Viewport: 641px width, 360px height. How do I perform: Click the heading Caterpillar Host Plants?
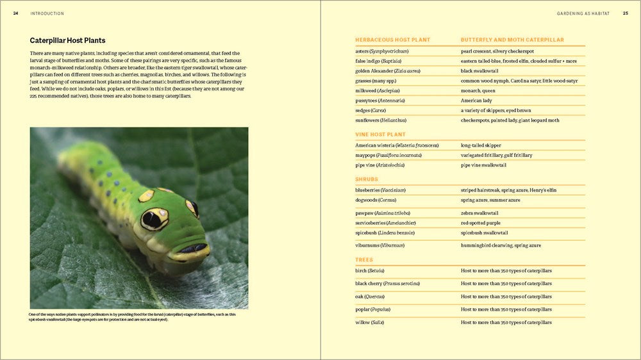pos(67,40)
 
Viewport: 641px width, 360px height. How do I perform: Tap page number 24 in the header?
pos(15,13)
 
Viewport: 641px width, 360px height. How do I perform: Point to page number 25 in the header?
pos(625,13)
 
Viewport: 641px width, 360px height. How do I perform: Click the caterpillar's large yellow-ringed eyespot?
pos(154,218)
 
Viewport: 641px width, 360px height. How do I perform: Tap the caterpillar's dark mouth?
pos(190,249)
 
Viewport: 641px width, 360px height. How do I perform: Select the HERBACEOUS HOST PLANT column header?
pos(392,40)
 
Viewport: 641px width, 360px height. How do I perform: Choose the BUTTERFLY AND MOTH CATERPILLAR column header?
pos(512,40)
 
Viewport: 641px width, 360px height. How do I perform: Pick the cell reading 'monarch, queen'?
pos(479,90)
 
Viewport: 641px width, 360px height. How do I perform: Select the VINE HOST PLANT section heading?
pos(380,135)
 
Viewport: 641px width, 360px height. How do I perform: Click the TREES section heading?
pos(363,260)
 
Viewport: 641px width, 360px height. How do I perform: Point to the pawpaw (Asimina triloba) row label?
pos(383,213)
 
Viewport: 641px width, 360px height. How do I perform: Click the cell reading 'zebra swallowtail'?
pos(479,213)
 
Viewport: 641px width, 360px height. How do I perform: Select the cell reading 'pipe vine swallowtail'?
pos(483,165)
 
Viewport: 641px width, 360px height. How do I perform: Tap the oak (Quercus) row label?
pos(370,297)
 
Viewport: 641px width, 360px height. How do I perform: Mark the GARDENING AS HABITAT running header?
pos(583,13)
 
